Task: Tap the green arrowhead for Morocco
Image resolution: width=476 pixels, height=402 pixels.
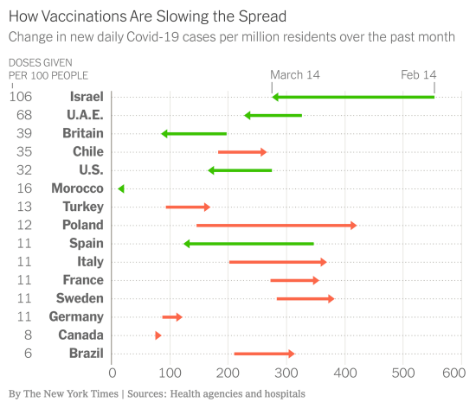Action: [x=121, y=188]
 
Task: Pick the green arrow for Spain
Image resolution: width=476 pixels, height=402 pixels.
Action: [x=248, y=244]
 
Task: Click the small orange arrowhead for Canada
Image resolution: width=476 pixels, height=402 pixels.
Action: [x=158, y=335]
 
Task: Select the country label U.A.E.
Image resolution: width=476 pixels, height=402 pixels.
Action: [x=85, y=115]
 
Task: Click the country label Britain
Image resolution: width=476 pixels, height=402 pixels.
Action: [x=83, y=133]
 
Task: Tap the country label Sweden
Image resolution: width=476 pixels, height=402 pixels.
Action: [x=82, y=298]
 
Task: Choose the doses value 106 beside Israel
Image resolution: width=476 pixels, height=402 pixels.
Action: [x=21, y=97]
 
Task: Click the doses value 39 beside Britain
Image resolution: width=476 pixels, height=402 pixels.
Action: [x=24, y=133]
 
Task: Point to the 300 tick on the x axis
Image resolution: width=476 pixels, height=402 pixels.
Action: [x=286, y=373]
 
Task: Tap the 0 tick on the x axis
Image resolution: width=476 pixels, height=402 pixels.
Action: [x=112, y=373]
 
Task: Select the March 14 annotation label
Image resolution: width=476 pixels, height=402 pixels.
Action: [x=294, y=75]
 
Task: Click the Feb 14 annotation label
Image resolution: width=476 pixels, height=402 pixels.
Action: [x=418, y=75]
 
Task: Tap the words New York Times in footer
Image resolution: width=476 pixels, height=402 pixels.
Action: [x=79, y=393]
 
